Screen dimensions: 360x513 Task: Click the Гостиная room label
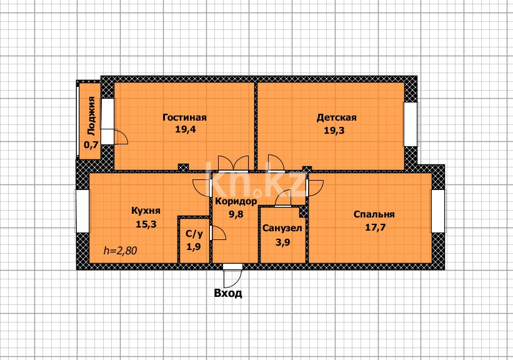pos(184,117)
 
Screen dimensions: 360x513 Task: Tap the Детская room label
pos(336,117)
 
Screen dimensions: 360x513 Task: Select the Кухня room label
pos(146,211)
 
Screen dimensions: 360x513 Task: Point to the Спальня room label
pos(374,214)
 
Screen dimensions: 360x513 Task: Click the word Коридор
pos(236,201)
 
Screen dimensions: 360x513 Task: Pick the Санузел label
pos(282,228)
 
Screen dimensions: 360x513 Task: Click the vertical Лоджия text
pos(92,116)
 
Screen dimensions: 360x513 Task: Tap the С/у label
pos(194,234)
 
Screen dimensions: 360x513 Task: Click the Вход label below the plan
pos(228,292)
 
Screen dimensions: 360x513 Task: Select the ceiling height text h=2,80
pos(120,251)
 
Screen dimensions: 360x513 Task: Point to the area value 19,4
pos(184,130)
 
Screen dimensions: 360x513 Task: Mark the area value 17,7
pos(374,227)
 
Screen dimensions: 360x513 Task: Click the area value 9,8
pos(236,214)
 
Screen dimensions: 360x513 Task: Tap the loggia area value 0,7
pos(91,145)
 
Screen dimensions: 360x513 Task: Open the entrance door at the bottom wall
pos(233,267)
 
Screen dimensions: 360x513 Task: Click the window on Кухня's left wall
pos(82,211)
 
